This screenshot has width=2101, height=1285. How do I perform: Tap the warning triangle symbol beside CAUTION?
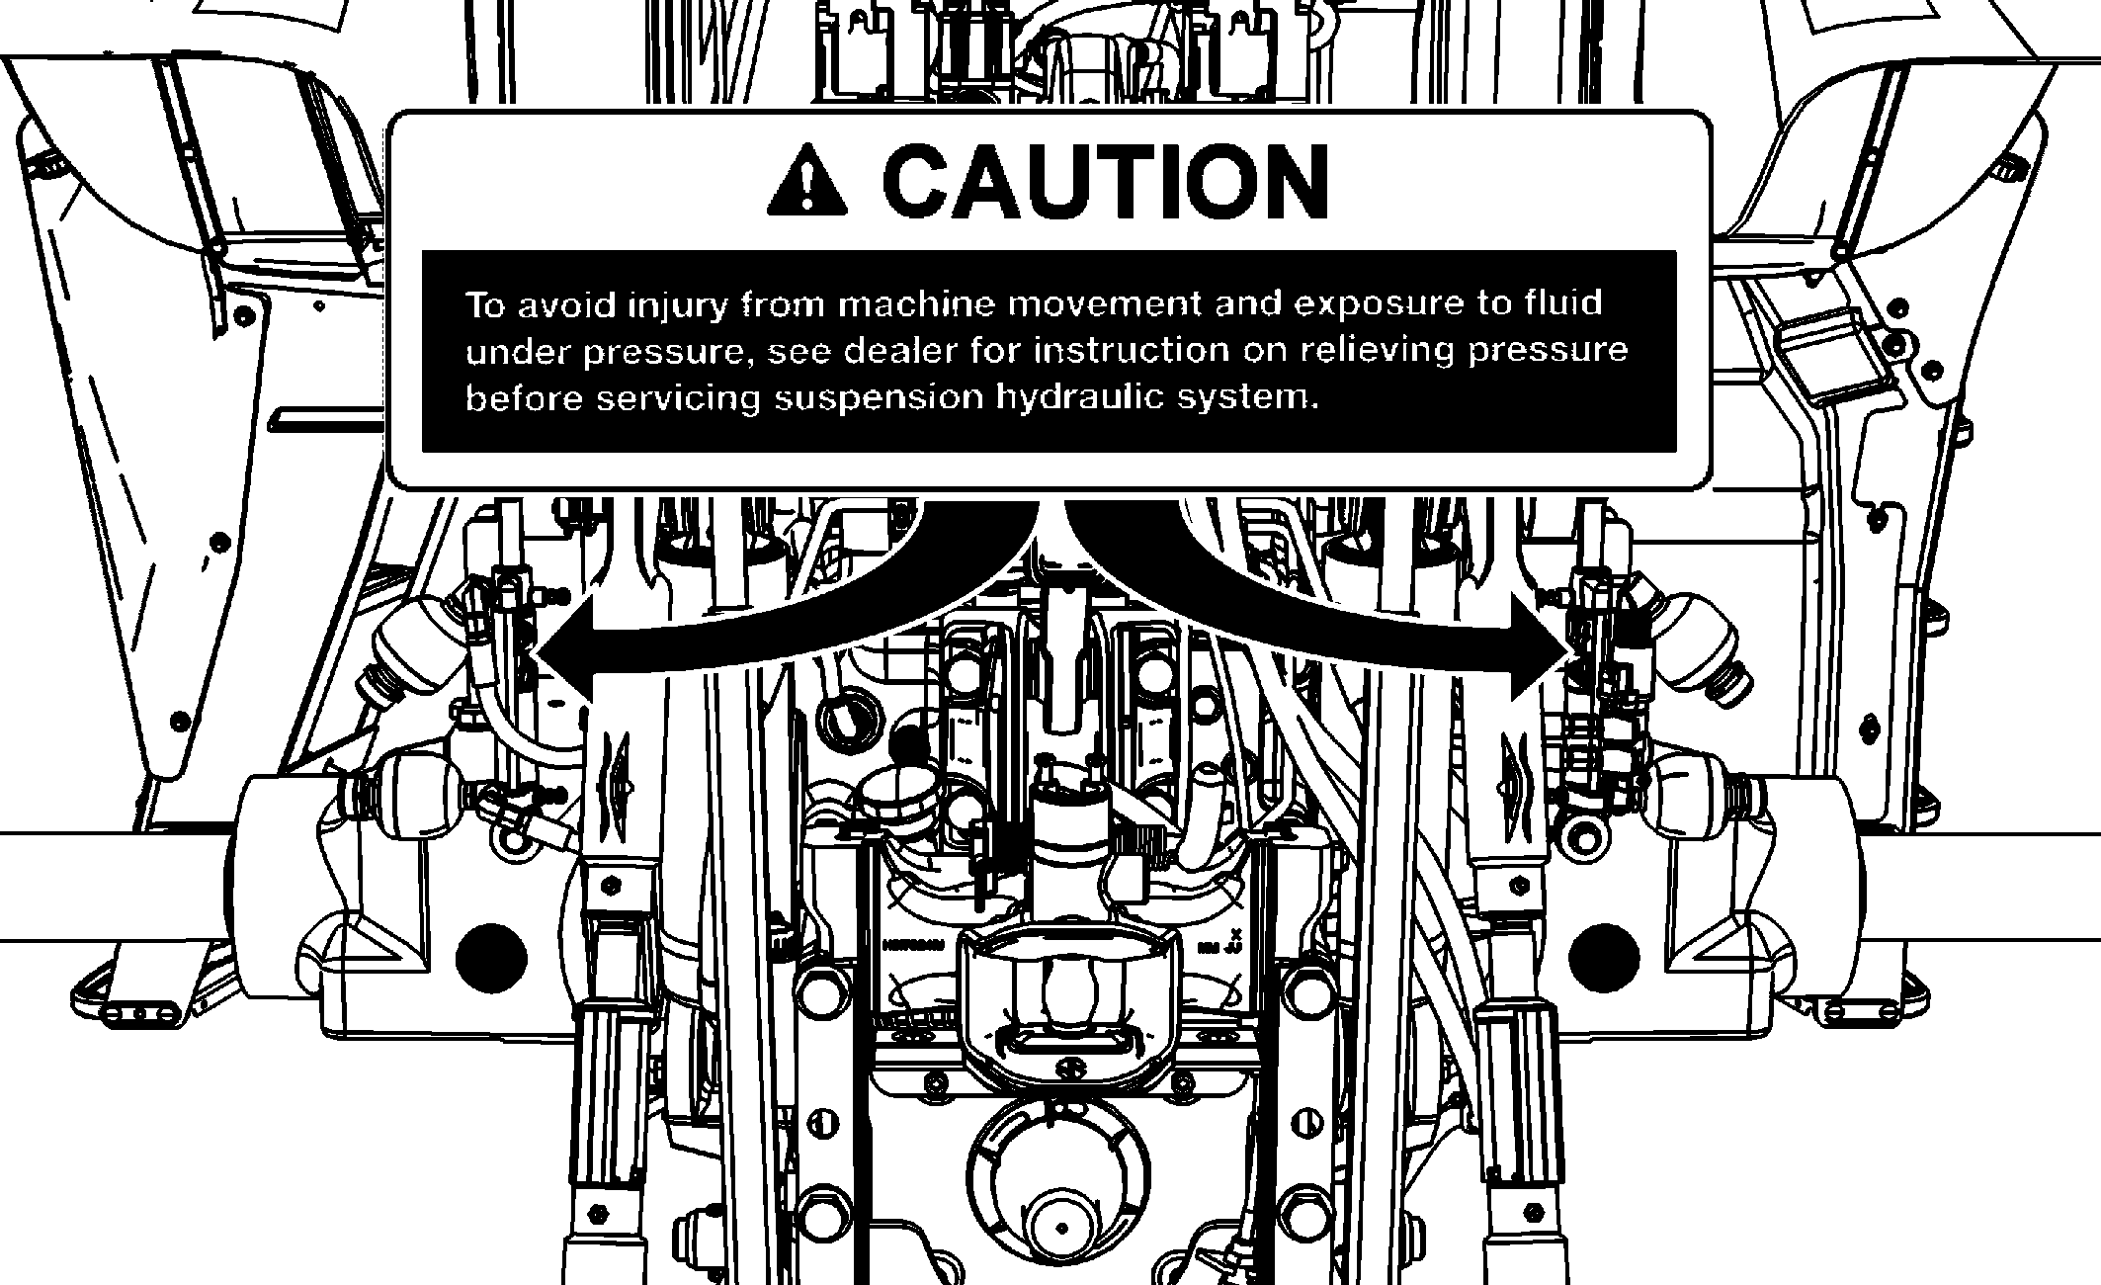click(x=807, y=180)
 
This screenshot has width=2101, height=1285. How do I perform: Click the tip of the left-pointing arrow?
click(x=537, y=653)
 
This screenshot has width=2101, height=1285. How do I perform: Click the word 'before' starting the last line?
click(x=515, y=398)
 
